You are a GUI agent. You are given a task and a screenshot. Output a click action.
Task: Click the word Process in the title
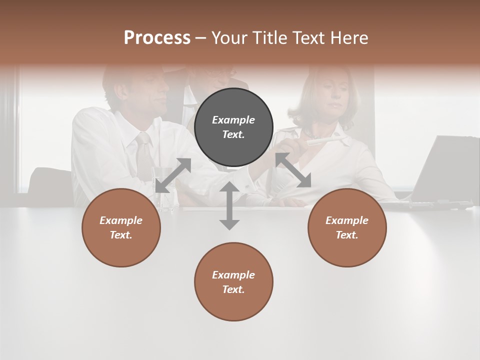(157, 38)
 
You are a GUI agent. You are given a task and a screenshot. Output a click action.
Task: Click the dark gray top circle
(233, 127)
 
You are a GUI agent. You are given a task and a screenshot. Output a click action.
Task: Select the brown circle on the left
(121, 227)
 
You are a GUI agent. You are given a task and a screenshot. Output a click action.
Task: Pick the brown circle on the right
(347, 227)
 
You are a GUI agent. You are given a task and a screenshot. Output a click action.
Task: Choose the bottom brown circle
(233, 281)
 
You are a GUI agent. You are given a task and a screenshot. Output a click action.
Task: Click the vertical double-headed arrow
(229, 205)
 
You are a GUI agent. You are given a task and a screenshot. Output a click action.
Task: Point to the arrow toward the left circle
(173, 175)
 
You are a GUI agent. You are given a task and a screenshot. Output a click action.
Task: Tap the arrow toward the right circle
(293, 170)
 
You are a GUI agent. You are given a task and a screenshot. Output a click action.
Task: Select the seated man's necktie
(143, 155)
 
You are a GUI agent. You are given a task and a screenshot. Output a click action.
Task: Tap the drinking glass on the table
(165, 195)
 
